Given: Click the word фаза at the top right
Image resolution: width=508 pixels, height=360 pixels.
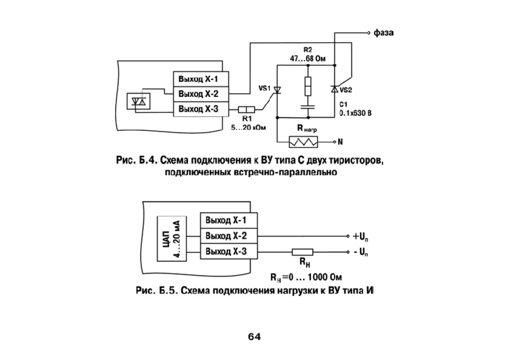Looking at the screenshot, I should (x=383, y=33).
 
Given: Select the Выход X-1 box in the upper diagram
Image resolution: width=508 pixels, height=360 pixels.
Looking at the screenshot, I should (x=199, y=78).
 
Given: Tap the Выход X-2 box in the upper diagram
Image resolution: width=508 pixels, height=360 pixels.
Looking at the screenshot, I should (x=199, y=93).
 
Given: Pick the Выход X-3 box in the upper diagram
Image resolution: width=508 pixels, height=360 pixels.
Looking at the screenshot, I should (x=199, y=108).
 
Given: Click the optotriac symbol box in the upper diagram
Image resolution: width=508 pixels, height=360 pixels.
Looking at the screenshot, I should (x=139, y=100).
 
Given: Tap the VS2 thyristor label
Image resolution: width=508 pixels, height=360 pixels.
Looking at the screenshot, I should (x=346, y=90).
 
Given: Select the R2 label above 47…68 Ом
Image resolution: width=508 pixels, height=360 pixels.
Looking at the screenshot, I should (x=308, y=50).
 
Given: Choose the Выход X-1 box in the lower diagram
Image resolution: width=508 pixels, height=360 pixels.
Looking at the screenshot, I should (x=225, y=219).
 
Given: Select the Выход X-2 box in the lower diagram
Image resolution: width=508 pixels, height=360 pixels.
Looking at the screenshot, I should (x=225, y=235).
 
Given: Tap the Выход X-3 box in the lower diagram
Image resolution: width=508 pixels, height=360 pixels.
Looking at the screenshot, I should (x=225, y=250).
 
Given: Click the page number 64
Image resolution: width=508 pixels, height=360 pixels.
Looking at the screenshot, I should (x=254, y=337).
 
